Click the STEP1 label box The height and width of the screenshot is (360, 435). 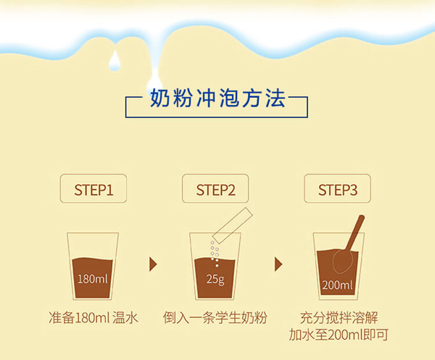tap(94, 188)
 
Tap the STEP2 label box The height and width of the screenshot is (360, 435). tap(215, 188)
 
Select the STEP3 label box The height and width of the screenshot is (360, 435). tap(337, 188)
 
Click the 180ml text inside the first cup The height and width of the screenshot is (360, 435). tap(93, 279)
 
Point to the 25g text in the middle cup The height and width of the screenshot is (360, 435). tap(215, 280)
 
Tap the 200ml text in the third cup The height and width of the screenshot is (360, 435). tap(337, 285)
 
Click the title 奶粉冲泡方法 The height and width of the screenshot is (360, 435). tap(217, 99)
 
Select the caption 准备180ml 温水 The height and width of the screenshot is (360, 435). tap(94, 317)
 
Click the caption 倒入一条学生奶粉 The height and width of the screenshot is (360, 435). tap(215, 317)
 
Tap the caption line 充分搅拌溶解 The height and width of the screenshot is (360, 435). tap(339, 317)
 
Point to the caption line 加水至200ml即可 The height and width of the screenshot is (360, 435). tap(339, 335)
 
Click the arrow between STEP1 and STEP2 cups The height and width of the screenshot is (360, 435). tap(153, 264)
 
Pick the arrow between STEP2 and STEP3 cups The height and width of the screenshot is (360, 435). tap(278, 264)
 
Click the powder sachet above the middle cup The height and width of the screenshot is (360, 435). tap(233, 225)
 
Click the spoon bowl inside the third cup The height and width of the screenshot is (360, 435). tap(343, 261)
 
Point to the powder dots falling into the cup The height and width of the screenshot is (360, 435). tap(215, 254)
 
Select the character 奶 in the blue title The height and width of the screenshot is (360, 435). tap(159, 99)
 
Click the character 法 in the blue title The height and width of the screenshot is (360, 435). tap(275, 99)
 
